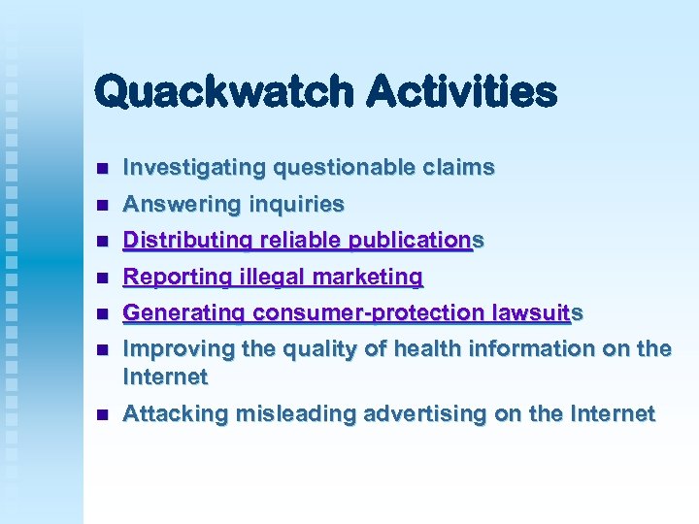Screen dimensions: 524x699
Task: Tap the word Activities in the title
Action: (x=462, y=93)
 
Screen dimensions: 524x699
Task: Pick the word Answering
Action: (x=182, y=205)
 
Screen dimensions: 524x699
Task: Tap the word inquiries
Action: (x=296, y=205)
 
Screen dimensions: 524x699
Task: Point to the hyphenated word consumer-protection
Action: (x=371, y=313)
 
